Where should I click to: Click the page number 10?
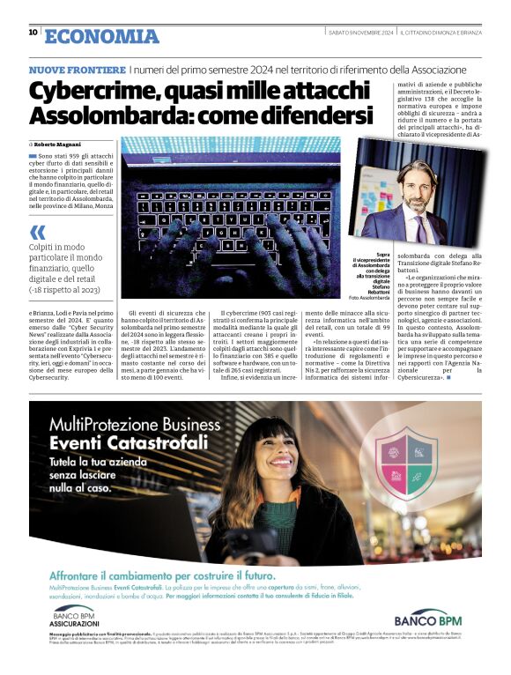click(33, 33)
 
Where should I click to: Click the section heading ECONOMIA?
click(102, 36)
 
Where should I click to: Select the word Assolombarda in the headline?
click(117, 116)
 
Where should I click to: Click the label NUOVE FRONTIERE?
click(77, 70)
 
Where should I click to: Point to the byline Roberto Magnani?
click(60, 142)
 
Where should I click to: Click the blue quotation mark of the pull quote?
click(38, 234)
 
